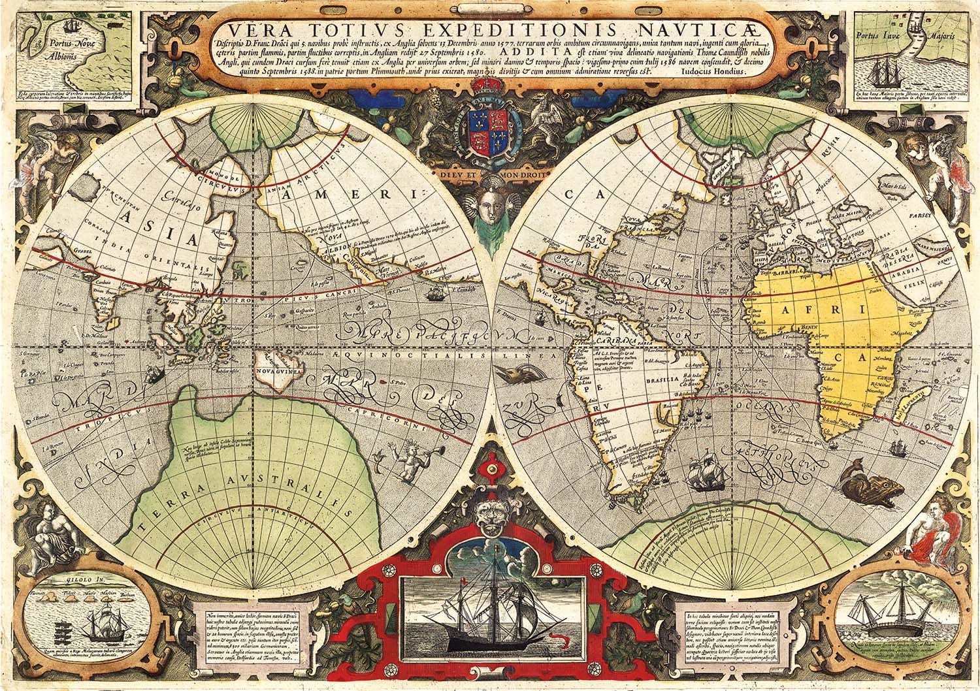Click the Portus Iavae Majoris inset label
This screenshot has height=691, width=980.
(x=906, y=39)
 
